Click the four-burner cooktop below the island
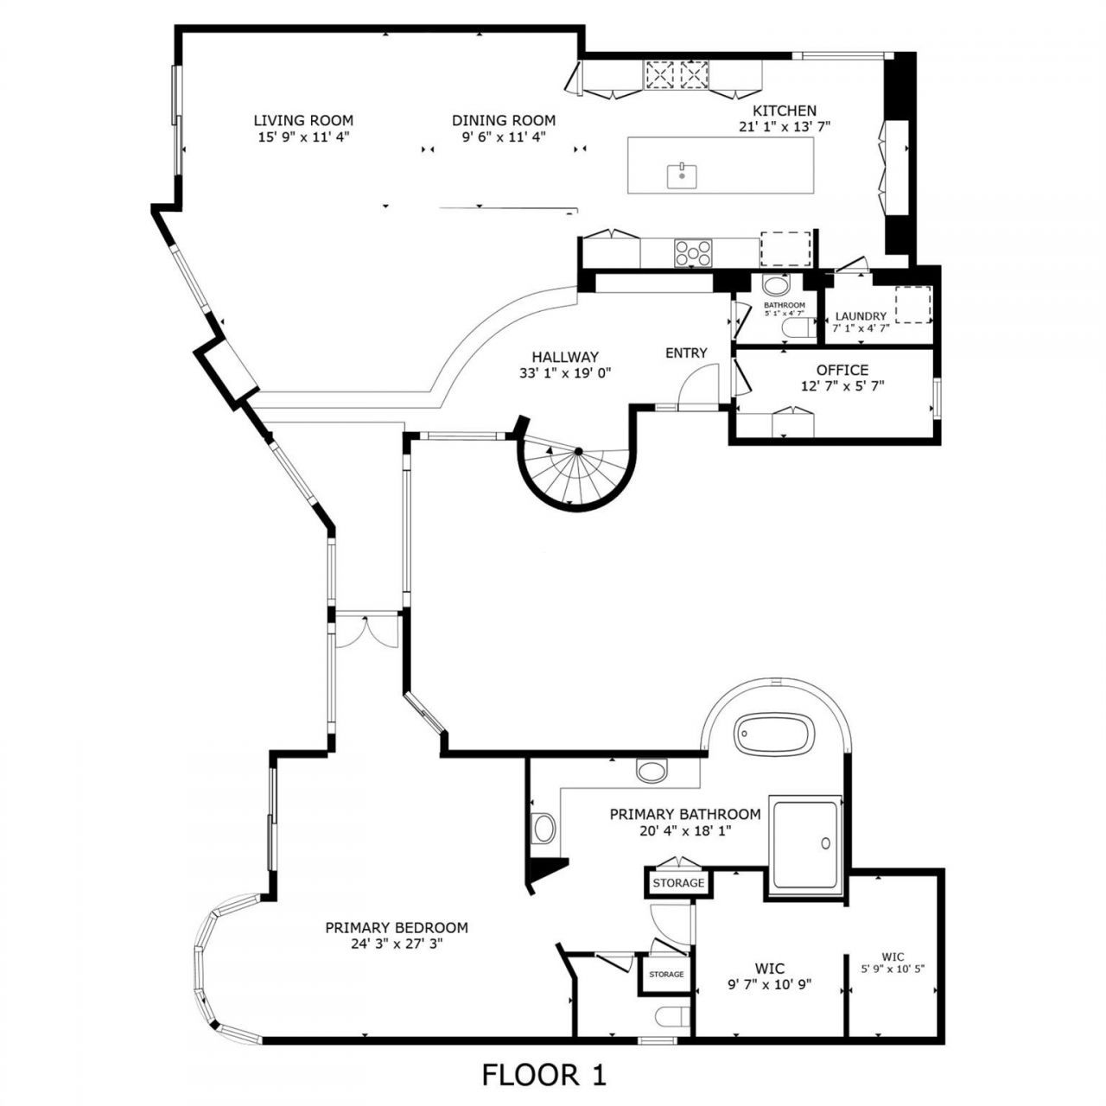coord(693,253)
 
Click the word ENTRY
coord(686,353)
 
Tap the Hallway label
coord(565,356)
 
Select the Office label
coord(842,370)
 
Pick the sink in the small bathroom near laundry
coord(777,285)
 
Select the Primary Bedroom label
coord(397,928)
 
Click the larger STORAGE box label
coord(678,883)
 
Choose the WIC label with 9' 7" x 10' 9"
coord(768,969)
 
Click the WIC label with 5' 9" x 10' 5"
coord(893,957)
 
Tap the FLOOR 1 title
coord(543,1075)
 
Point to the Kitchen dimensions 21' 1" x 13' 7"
coord(784,126)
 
